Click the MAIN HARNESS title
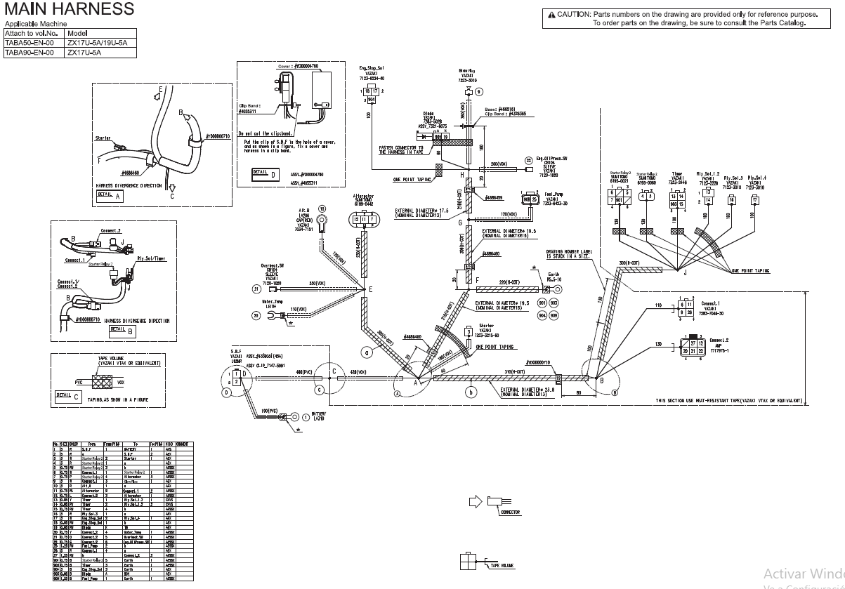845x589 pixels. point(69,9)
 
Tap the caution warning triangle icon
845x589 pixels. point(551,15)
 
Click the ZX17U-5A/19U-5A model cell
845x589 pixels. point(97,42)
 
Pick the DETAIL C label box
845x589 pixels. point(64,395)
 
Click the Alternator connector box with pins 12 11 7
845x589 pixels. point(364,220)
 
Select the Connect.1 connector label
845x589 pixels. point(711,304)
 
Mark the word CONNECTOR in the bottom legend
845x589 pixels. point(510,512)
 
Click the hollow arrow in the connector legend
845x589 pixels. point(476,501)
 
